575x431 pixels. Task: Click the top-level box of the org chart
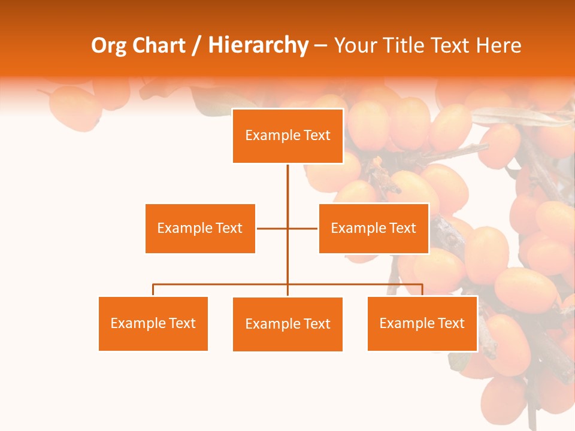tap(287, 136)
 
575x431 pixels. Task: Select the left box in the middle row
tap(200, 228)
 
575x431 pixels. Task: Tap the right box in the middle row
tap(373, 228)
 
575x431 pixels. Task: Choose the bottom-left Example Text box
tap(153, 323)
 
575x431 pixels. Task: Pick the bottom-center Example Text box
tap(287, 324)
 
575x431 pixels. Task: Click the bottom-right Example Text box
tap(422, 323)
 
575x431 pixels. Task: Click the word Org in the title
tap(108, 45)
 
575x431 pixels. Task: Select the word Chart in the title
tap(159, 45)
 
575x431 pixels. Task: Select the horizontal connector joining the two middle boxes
tap(273, 228)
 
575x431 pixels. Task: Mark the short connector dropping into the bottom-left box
tap(153, 290)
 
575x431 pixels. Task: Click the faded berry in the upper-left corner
tap(74, 108)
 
